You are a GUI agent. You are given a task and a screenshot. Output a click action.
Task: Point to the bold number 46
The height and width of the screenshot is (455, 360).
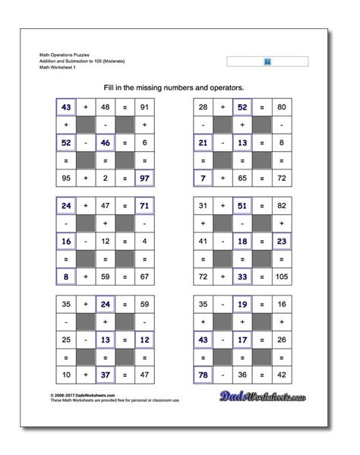coord(106,141)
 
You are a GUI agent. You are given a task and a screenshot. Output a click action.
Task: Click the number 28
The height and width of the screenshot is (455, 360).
coord(203,106)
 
